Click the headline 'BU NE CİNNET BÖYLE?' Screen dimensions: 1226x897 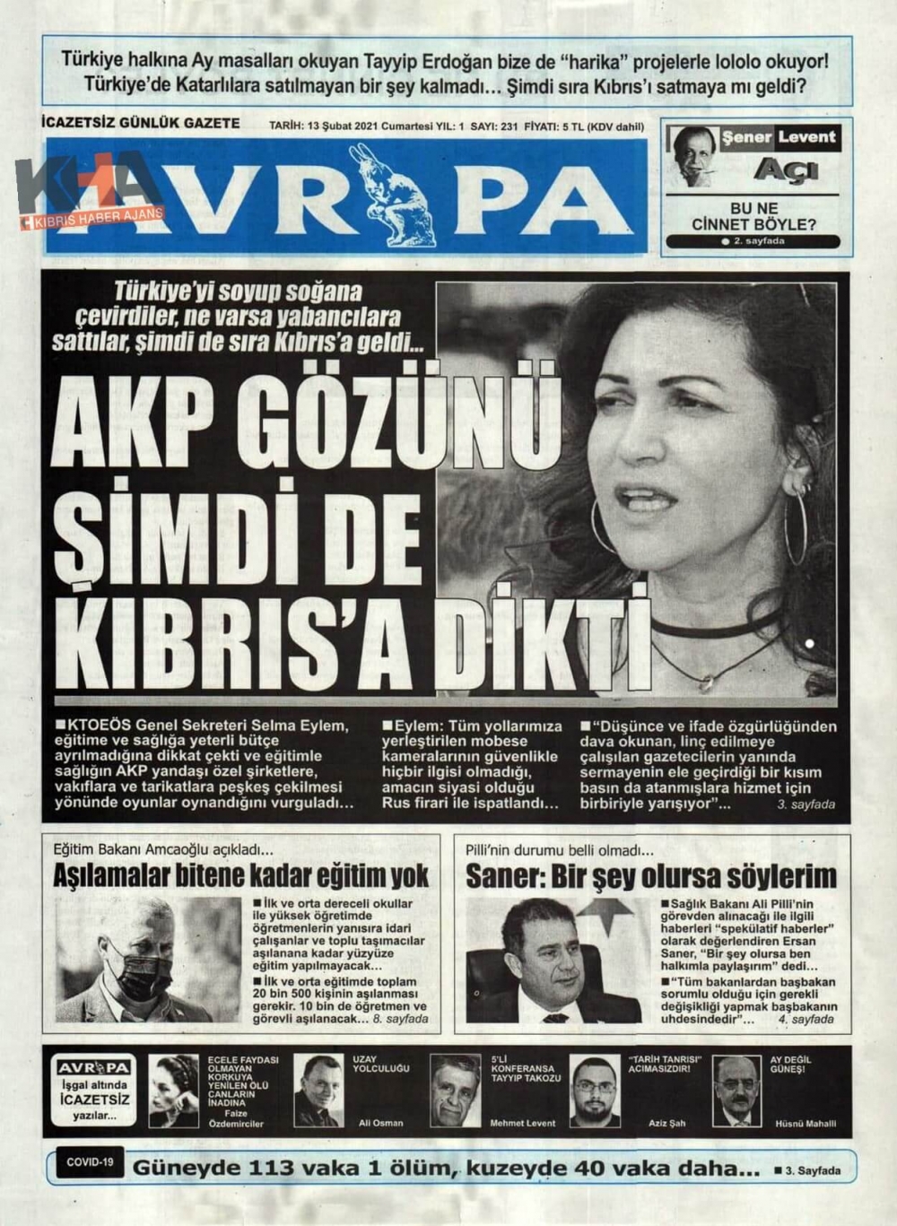[753, 216]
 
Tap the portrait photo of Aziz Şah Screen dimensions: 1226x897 [595, 1091]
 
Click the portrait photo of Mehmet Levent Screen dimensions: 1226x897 [456, 1091]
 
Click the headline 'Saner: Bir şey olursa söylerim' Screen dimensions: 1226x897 [650, 875]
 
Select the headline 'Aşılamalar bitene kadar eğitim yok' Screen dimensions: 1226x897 [241, 875]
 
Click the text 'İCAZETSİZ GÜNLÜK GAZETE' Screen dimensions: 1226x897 [141, 124]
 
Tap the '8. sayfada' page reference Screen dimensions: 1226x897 [400, 1019]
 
